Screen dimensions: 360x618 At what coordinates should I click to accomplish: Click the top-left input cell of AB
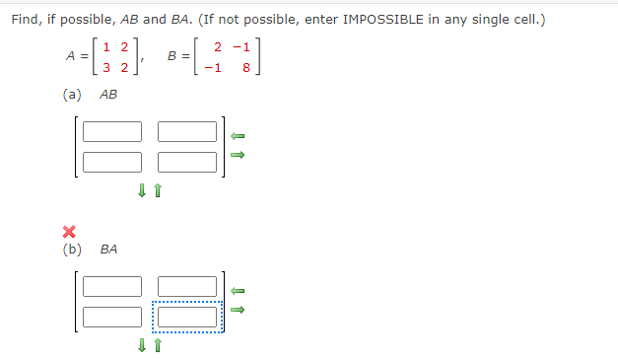tap(112, 131)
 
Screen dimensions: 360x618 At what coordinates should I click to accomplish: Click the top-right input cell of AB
tap(186, 131)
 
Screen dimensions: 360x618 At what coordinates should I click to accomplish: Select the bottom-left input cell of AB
tap(112, 161)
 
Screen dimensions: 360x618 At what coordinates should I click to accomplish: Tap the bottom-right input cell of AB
tap(186, 161)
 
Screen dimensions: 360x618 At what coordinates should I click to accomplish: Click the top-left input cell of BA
tap(112, 287)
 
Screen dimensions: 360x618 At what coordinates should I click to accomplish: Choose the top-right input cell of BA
tap(186, 287)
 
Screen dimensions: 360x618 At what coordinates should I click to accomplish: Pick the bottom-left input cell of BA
tap(112, 317)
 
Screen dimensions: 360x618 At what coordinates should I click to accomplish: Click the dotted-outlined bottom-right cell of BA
tap(186, 317)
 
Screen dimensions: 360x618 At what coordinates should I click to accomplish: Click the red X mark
tap(69, 233)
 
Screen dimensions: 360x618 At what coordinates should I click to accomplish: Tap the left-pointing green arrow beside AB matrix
tap(237, 135)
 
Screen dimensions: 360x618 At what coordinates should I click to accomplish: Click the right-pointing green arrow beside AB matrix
tap(237, 155)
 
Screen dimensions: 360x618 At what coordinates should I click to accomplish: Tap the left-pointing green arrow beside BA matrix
tap(237, 291)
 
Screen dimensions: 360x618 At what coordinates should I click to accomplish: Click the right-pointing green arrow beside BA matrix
tap(237, 310)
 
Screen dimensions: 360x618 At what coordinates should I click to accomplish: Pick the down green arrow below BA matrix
tap(143, 345)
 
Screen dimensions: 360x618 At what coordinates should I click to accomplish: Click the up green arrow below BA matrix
tap(157, 345)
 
